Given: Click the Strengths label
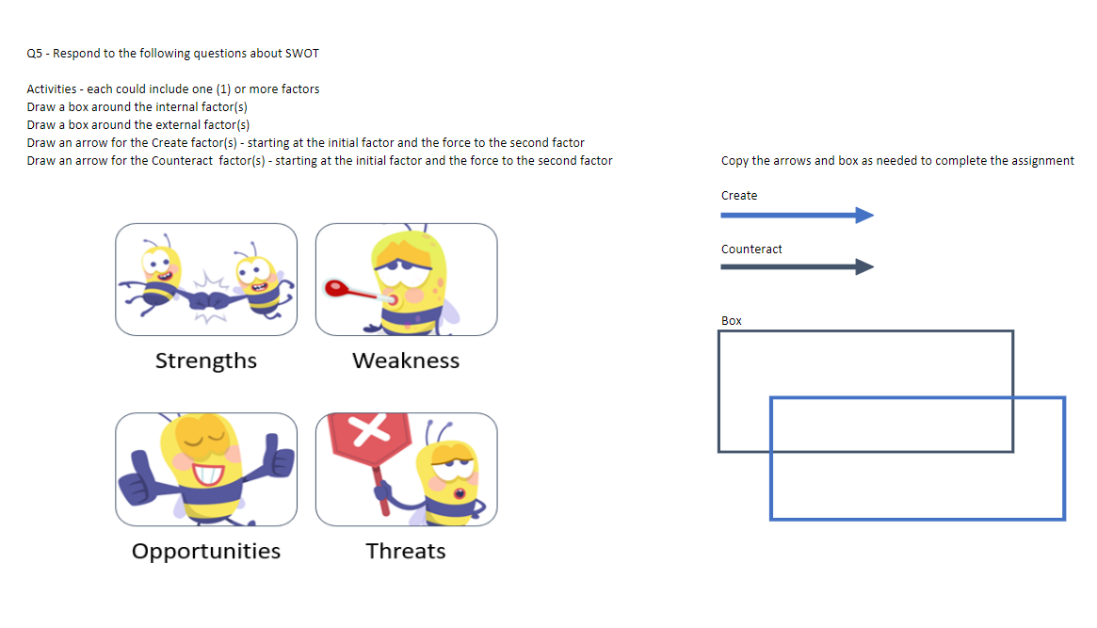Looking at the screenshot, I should click(x=205, y=361).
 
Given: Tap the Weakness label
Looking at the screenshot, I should click(x=406, y=361).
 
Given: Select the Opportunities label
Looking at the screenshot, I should click(x=205, y=551).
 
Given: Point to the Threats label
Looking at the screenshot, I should click(x=406, y=551).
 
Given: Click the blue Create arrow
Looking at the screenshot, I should click(x=797, y=216).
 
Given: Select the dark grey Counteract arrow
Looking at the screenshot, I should click(x=797, y=267).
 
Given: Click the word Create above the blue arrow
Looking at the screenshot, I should click(x=739, y=196).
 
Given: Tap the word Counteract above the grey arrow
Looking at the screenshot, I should click(x=751, y=250).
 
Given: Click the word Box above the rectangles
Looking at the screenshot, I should click(x=732, y=321).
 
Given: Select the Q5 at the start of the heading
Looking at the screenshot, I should click(x=36, y=53).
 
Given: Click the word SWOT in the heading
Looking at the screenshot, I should click(x=301, y=53).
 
